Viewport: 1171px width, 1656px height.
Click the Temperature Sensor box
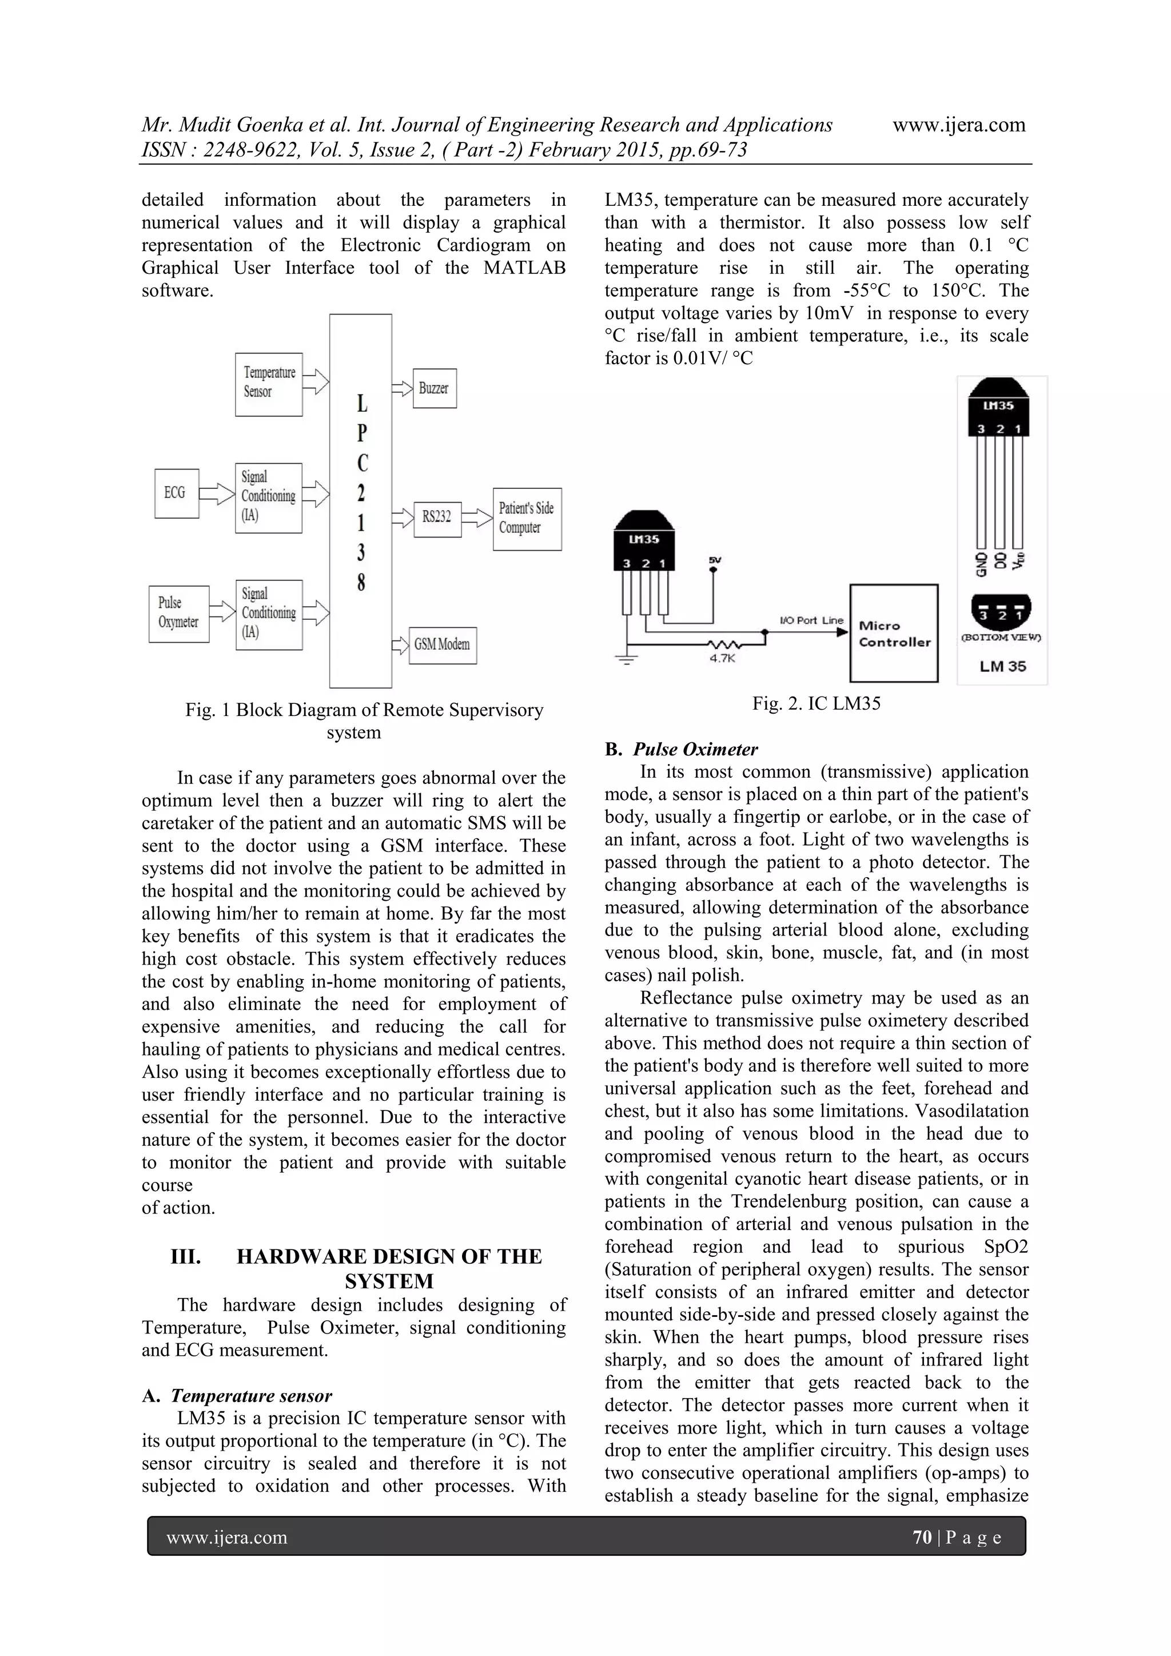point(268,384)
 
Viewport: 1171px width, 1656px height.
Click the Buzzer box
point(434,388)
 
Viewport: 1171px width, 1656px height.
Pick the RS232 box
point(437,516)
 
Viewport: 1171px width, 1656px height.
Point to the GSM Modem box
point(442,644)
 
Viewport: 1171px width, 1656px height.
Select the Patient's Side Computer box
point(527,519)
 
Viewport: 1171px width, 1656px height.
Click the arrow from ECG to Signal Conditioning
point(216,494)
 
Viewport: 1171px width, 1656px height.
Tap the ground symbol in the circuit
point(627,659)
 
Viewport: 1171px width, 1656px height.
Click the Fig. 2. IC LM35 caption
point(816,703)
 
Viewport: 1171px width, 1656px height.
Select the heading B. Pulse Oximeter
point(682,750)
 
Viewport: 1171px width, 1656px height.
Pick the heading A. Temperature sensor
point(237,1396)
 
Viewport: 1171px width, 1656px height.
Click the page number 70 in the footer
point(922,1537)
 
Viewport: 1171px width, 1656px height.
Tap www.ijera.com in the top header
point(958,125)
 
